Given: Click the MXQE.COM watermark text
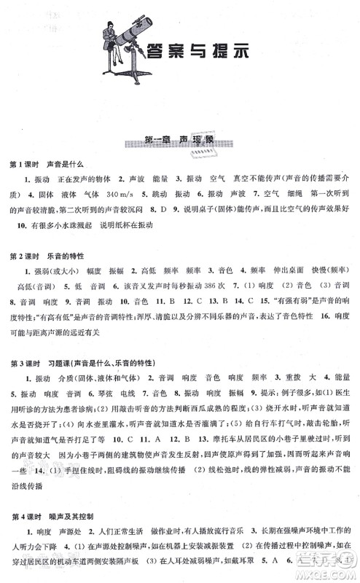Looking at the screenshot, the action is [x=331, y=574].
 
